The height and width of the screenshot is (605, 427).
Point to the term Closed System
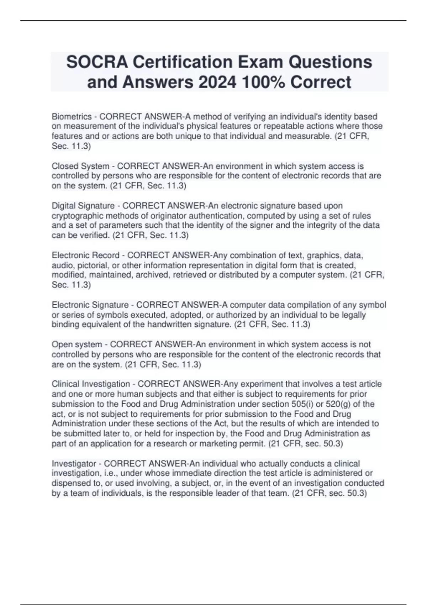[x=80, y=166]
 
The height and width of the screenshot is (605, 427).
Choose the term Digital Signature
[x=83, y=206]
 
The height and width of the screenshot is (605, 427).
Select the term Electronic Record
[x=85, y=255]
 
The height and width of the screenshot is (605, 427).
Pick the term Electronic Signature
[x=90, y=305]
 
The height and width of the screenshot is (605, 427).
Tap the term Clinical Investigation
[x=91, y=384]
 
